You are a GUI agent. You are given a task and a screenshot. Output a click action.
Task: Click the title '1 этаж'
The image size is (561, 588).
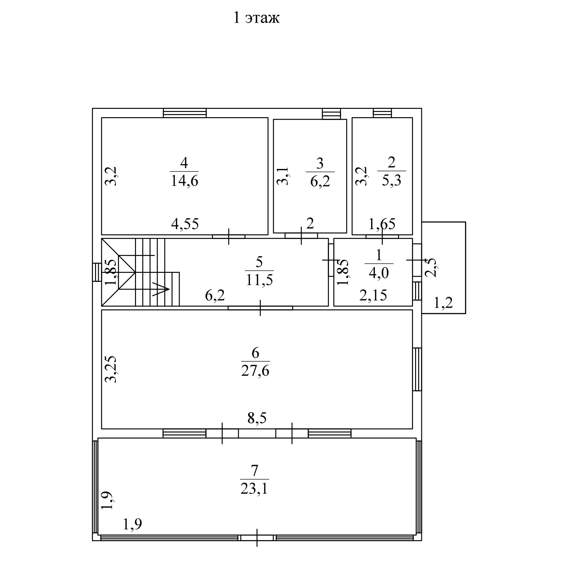256,18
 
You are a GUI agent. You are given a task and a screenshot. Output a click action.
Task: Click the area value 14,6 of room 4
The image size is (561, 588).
184,181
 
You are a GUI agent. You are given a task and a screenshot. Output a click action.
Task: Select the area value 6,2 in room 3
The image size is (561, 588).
320,181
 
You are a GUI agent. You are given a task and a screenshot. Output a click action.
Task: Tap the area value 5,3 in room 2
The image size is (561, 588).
392,180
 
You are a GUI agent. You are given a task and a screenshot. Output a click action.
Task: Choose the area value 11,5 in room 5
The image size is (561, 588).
259,280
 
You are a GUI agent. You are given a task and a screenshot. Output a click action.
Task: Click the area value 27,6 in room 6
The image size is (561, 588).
255,371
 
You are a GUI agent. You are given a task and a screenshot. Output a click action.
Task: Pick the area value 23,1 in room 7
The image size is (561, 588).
254,489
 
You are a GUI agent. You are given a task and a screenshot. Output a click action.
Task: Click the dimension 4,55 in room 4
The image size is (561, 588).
185,224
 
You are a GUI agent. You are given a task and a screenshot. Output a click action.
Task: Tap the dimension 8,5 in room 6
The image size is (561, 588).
257,418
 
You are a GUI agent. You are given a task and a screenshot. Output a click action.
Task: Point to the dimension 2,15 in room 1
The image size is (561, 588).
373,296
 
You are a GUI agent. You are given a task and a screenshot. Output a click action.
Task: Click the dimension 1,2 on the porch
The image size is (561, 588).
443,303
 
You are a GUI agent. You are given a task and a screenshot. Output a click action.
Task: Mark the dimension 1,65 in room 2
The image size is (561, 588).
382,224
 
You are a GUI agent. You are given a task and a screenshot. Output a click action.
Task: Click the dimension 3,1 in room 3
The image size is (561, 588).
283,176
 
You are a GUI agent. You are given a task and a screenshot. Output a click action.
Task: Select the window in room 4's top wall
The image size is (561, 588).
185,113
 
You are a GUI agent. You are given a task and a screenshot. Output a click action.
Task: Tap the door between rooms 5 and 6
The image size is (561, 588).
260,308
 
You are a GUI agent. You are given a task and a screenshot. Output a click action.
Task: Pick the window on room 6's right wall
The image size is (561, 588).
417,369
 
